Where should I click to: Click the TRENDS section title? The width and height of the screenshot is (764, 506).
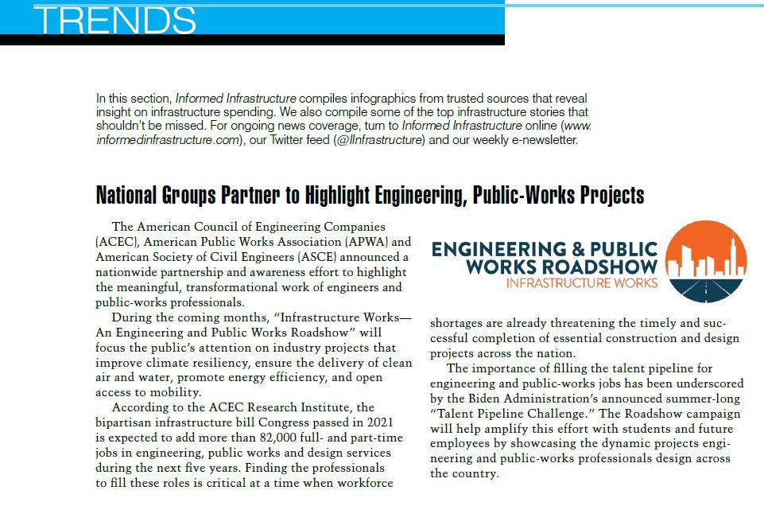tap(115, 21)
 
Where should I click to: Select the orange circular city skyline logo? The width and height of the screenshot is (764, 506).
tap(705, 263)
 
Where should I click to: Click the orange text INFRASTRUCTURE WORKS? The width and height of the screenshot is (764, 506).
tap(582, 282)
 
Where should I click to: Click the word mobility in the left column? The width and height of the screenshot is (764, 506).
tap(166, 392)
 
